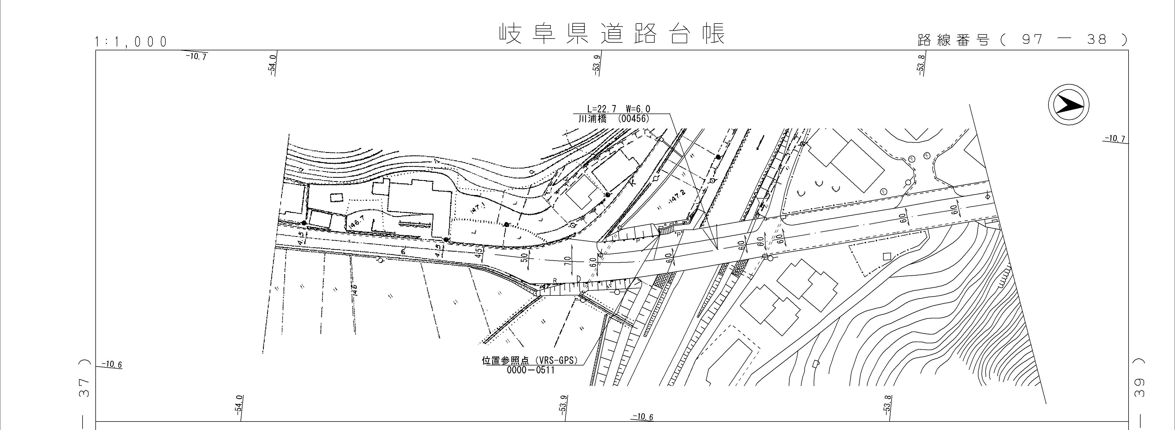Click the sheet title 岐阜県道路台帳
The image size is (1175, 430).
(x=611, y=34)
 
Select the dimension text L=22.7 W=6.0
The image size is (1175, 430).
(x=618, y=109)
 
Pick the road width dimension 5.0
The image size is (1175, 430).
(x=524, y=257)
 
